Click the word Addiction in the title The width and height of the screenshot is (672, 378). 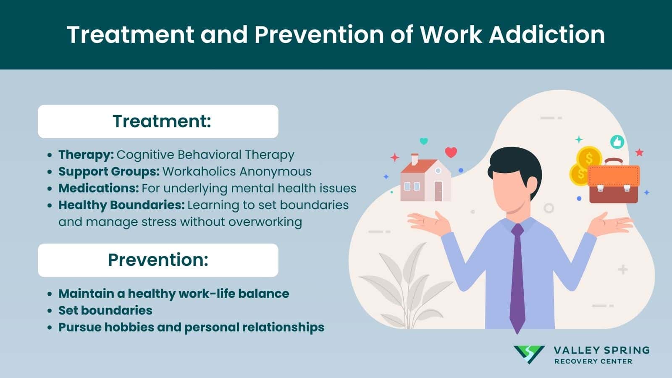coord(547,34)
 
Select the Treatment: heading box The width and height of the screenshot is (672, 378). coord(158,121)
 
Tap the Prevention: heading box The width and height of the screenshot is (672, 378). coord(158,260)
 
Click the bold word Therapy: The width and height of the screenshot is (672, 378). coord(86,155)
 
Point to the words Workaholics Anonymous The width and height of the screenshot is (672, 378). coord(237,171)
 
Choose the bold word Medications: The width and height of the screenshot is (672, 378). coord(98,188)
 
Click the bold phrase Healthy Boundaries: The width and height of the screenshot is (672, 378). coord(121,205)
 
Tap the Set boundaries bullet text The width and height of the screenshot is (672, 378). coord(105,310)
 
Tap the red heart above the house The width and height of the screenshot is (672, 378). coord(451,152)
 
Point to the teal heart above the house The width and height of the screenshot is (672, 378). coord(424,141)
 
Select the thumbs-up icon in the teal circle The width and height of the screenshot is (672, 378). coord(617,142)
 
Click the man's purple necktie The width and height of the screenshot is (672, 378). coord(517,277)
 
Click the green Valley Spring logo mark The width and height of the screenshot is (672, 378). coord(529,354)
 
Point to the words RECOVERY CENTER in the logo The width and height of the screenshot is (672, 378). coord(593,361)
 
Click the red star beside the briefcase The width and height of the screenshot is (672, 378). coord(639,152)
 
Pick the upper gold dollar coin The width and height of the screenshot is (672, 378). coord(589,158)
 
